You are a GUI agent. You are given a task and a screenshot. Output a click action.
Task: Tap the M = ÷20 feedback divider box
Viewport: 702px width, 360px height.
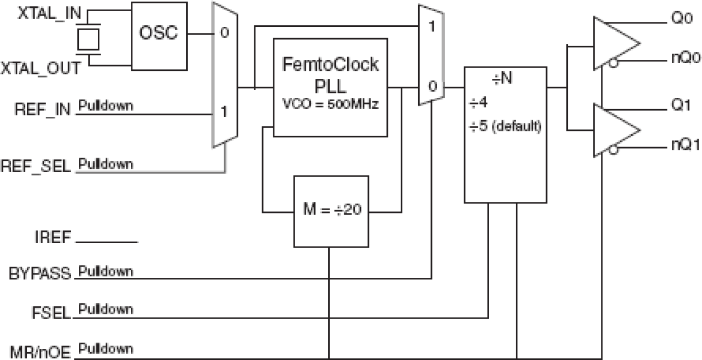pyautogui.click(x=330, y=211)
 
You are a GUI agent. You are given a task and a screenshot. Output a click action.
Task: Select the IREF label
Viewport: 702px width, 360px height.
pyautogui.click(x=51, y=238)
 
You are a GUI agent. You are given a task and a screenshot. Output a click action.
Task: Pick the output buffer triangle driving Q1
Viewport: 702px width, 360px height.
pyautogui.click(x=615, y=131)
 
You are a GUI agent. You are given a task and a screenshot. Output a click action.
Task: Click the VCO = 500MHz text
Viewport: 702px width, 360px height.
pyautogui.click(x=330, y=104)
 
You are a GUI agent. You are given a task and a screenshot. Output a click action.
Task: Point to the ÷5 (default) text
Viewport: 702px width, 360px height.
pyautogui.click(x=505, y=126)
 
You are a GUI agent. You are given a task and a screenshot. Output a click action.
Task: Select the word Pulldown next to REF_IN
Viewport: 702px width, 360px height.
pyautogui.click(x=106, y=106)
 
